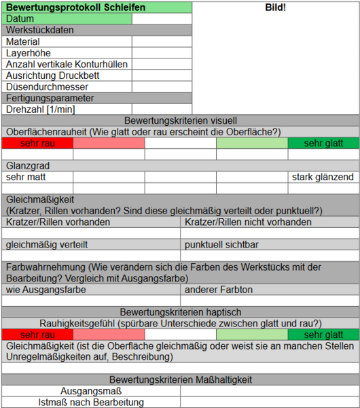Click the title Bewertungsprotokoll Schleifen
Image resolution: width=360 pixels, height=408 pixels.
67,7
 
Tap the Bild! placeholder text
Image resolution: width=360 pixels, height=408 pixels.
275,8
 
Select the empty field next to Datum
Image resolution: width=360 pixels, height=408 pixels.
162,18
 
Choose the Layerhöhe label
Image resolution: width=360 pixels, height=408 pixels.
28,52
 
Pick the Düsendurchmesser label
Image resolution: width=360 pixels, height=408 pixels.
47,86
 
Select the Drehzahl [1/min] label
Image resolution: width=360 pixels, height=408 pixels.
40,109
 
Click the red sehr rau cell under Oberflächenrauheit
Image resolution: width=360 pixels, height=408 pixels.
37,143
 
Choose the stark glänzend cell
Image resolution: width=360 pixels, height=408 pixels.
323,177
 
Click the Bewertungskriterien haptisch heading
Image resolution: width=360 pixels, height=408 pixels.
180,311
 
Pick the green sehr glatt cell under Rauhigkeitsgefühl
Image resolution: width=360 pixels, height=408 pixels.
323,335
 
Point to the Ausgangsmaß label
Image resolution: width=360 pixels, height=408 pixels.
91,391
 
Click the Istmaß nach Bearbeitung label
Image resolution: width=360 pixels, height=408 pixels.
91,402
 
